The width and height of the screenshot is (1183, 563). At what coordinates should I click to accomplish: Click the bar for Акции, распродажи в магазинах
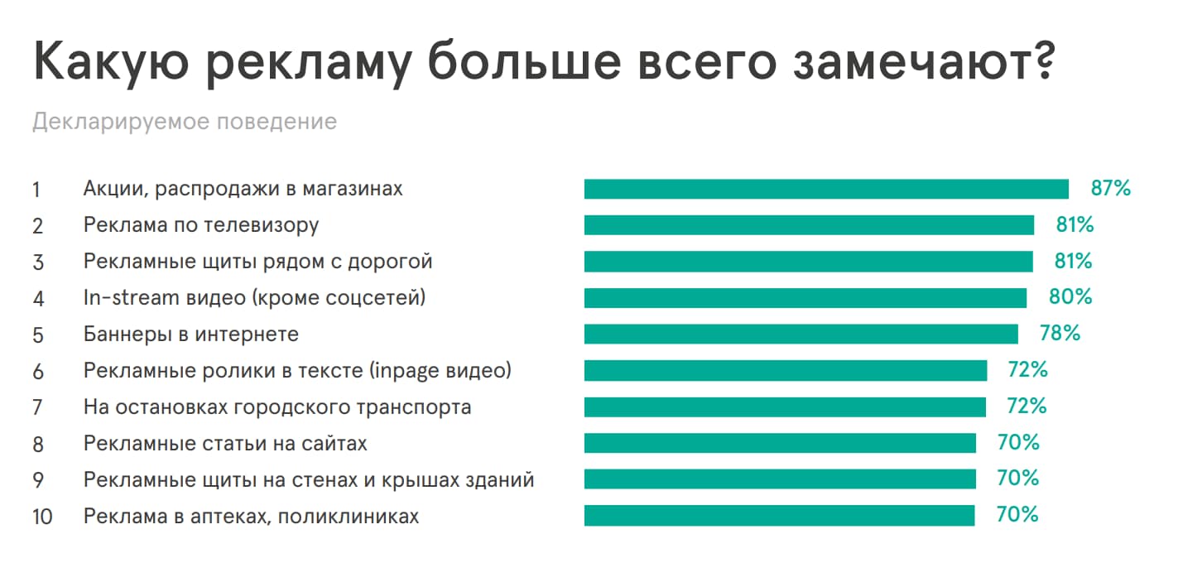(x=826, y=189)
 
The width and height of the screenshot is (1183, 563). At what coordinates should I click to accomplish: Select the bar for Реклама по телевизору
(x=809, y=225)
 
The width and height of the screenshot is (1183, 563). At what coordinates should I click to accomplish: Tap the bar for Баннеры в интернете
(x=801, y=334)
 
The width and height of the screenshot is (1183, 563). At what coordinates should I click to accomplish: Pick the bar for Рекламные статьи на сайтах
(x=780, y=443)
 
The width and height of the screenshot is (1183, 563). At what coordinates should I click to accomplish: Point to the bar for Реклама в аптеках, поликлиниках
(x=779, y=516)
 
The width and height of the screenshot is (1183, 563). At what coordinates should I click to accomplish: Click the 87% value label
(x=1110, y=189)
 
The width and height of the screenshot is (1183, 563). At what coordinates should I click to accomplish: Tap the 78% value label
(x=1060, y=334)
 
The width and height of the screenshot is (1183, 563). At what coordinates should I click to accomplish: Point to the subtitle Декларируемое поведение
(x=185, y=123)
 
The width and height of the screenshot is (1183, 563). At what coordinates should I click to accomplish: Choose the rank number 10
(x=42, y=517)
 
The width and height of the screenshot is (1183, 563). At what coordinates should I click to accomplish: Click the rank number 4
(x=37, y=298)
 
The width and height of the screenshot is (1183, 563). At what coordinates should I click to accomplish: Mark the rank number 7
(x=37, y=407)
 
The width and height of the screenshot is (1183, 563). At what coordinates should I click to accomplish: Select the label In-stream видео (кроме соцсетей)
(x=254, y=297)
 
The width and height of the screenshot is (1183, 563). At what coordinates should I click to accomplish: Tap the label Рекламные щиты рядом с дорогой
(x=257, y=262)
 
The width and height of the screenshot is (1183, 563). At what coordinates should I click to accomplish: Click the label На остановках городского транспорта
(x=277, y=407)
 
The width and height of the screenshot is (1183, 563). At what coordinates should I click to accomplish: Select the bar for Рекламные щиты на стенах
(x=780, y=479)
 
